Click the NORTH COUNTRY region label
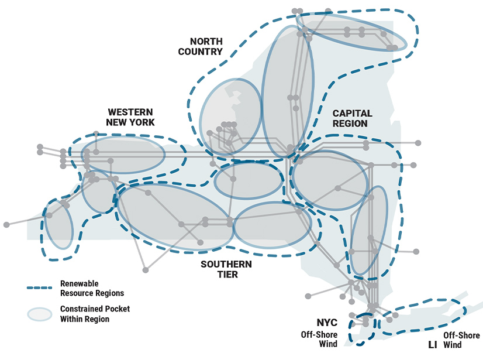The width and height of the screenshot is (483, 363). [206, 46]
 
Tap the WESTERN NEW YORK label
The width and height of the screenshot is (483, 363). [130, 117]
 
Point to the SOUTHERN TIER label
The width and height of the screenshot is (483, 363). [227, 269]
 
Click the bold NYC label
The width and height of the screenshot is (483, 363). [327, 323]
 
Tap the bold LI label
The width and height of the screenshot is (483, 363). [432, 345]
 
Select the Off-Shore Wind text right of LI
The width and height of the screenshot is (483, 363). [461, 340]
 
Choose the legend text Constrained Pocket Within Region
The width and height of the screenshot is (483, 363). [95, 314]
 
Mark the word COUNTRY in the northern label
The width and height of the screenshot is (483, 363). [206, 52]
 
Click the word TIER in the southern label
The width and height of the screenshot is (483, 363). [227, 275]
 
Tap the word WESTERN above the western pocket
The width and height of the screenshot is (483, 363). [130, 112]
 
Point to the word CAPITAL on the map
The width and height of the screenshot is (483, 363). [352, 113]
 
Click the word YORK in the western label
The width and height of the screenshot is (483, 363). [143, 122]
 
